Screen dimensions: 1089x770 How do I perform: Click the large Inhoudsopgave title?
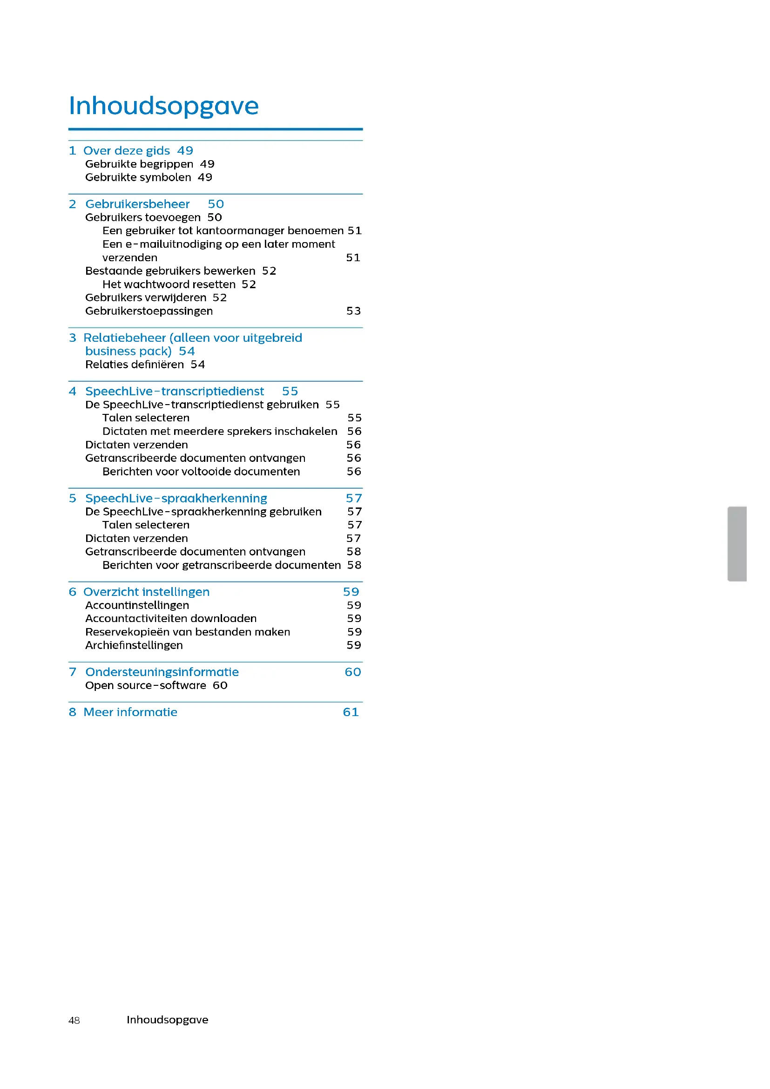coord(163,106)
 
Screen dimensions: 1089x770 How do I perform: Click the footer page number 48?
coord(74,1020)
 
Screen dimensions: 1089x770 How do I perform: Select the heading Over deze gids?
coord(127,151)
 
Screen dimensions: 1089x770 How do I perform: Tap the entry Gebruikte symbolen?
coord(138,177)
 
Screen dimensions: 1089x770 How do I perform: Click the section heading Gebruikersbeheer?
coord(137,204)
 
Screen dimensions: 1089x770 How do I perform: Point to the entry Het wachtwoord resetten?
coord(169,284)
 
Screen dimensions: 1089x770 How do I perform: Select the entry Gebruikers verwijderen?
coord(146,298)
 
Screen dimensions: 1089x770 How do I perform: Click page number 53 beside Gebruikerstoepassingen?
coord(353,311)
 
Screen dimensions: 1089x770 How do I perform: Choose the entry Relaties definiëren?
coord(135,365)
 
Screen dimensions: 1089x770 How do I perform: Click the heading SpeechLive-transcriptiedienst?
coord(175,391)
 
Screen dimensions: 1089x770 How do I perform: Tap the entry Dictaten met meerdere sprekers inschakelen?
coord(220,432)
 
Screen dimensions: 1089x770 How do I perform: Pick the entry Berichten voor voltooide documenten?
coord(201,472)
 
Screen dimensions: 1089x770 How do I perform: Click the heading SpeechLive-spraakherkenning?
coord(176,499)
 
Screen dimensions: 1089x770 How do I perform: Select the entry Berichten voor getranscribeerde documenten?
coord(222,565)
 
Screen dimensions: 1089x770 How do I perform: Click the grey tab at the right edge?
coord(738,543)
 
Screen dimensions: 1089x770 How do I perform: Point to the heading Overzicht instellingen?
coord(146,592)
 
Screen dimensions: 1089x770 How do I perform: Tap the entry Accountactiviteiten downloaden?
coord(171,618)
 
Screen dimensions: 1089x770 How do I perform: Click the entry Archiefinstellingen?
coord(134,645)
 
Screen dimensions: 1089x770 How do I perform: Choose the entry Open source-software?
coord(146,685)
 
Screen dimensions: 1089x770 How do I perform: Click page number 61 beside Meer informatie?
coord(351,712)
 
